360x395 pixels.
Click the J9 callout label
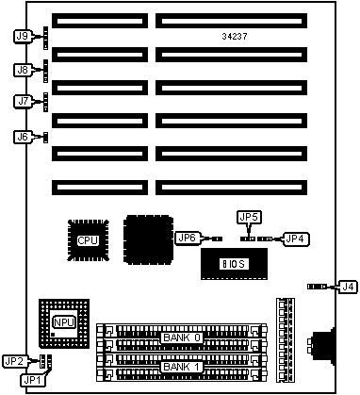click(23, 36)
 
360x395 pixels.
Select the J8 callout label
click(23, 70)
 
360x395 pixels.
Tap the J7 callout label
click(23, 101)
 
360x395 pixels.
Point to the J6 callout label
click(23, 137)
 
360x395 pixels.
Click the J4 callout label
click(348, 287)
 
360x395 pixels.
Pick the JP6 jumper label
click(188, 238)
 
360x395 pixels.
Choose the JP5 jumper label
click(250, 217)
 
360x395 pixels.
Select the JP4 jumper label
click(296, 239)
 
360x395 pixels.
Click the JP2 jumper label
click(14, 361)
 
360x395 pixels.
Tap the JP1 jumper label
click(33, 380)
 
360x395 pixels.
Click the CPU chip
click(89, 240)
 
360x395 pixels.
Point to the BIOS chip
click(234, 264)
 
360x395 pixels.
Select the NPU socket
click(64, 323)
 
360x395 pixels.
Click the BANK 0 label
click(182, 337)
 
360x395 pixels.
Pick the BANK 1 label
click(182, 367)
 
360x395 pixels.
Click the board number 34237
click(235, 37)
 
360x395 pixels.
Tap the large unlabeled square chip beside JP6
click(148, 239)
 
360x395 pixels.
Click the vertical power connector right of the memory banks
click(286, 340)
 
